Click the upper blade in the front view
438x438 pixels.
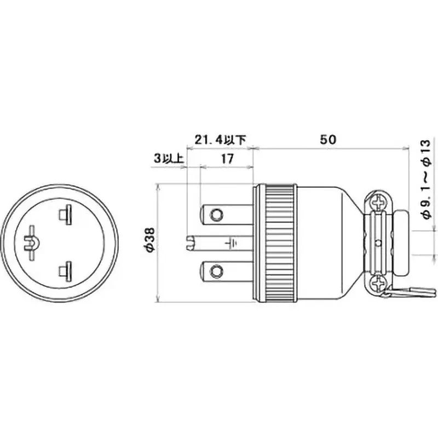(x=67, y=215)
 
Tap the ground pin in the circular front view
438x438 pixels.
(x=32, y=241)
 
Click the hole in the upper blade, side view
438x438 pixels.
(x=218, y=213)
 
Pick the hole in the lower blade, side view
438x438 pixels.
(x=218, y=269)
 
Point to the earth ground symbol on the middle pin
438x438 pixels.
(x=232, y=241)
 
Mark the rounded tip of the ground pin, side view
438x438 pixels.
(x=191, y=241)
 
